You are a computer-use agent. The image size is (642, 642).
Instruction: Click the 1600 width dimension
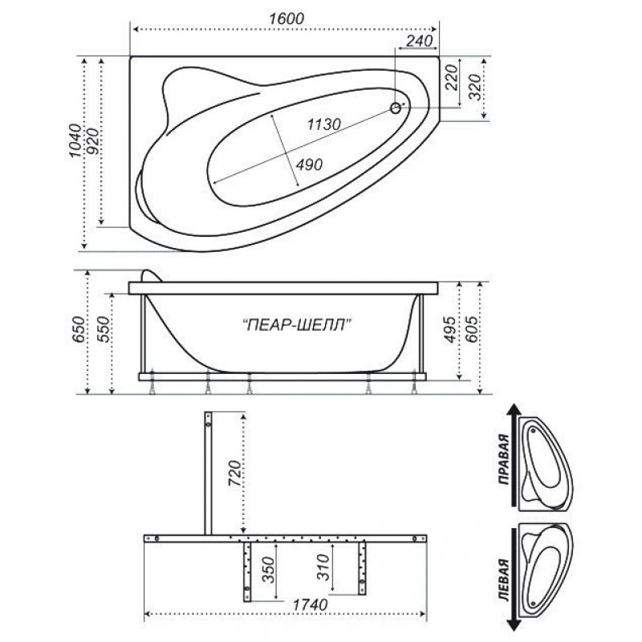(286, 18)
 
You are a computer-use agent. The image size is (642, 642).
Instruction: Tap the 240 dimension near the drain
(420, 41)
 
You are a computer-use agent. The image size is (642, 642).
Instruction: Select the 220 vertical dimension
(451, 77)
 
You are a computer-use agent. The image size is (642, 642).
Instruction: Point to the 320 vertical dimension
(474, 87)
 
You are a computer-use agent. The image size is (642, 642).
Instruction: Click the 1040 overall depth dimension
(75, 140)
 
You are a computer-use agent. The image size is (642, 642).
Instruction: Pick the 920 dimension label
(93, 141)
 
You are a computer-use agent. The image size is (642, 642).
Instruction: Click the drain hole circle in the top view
(396, 108)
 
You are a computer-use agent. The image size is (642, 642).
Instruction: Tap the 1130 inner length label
(324, 124)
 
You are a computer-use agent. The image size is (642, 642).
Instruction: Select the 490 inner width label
(309, 165)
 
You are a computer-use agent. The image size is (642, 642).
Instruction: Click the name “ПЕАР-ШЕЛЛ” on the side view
(297, 325)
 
